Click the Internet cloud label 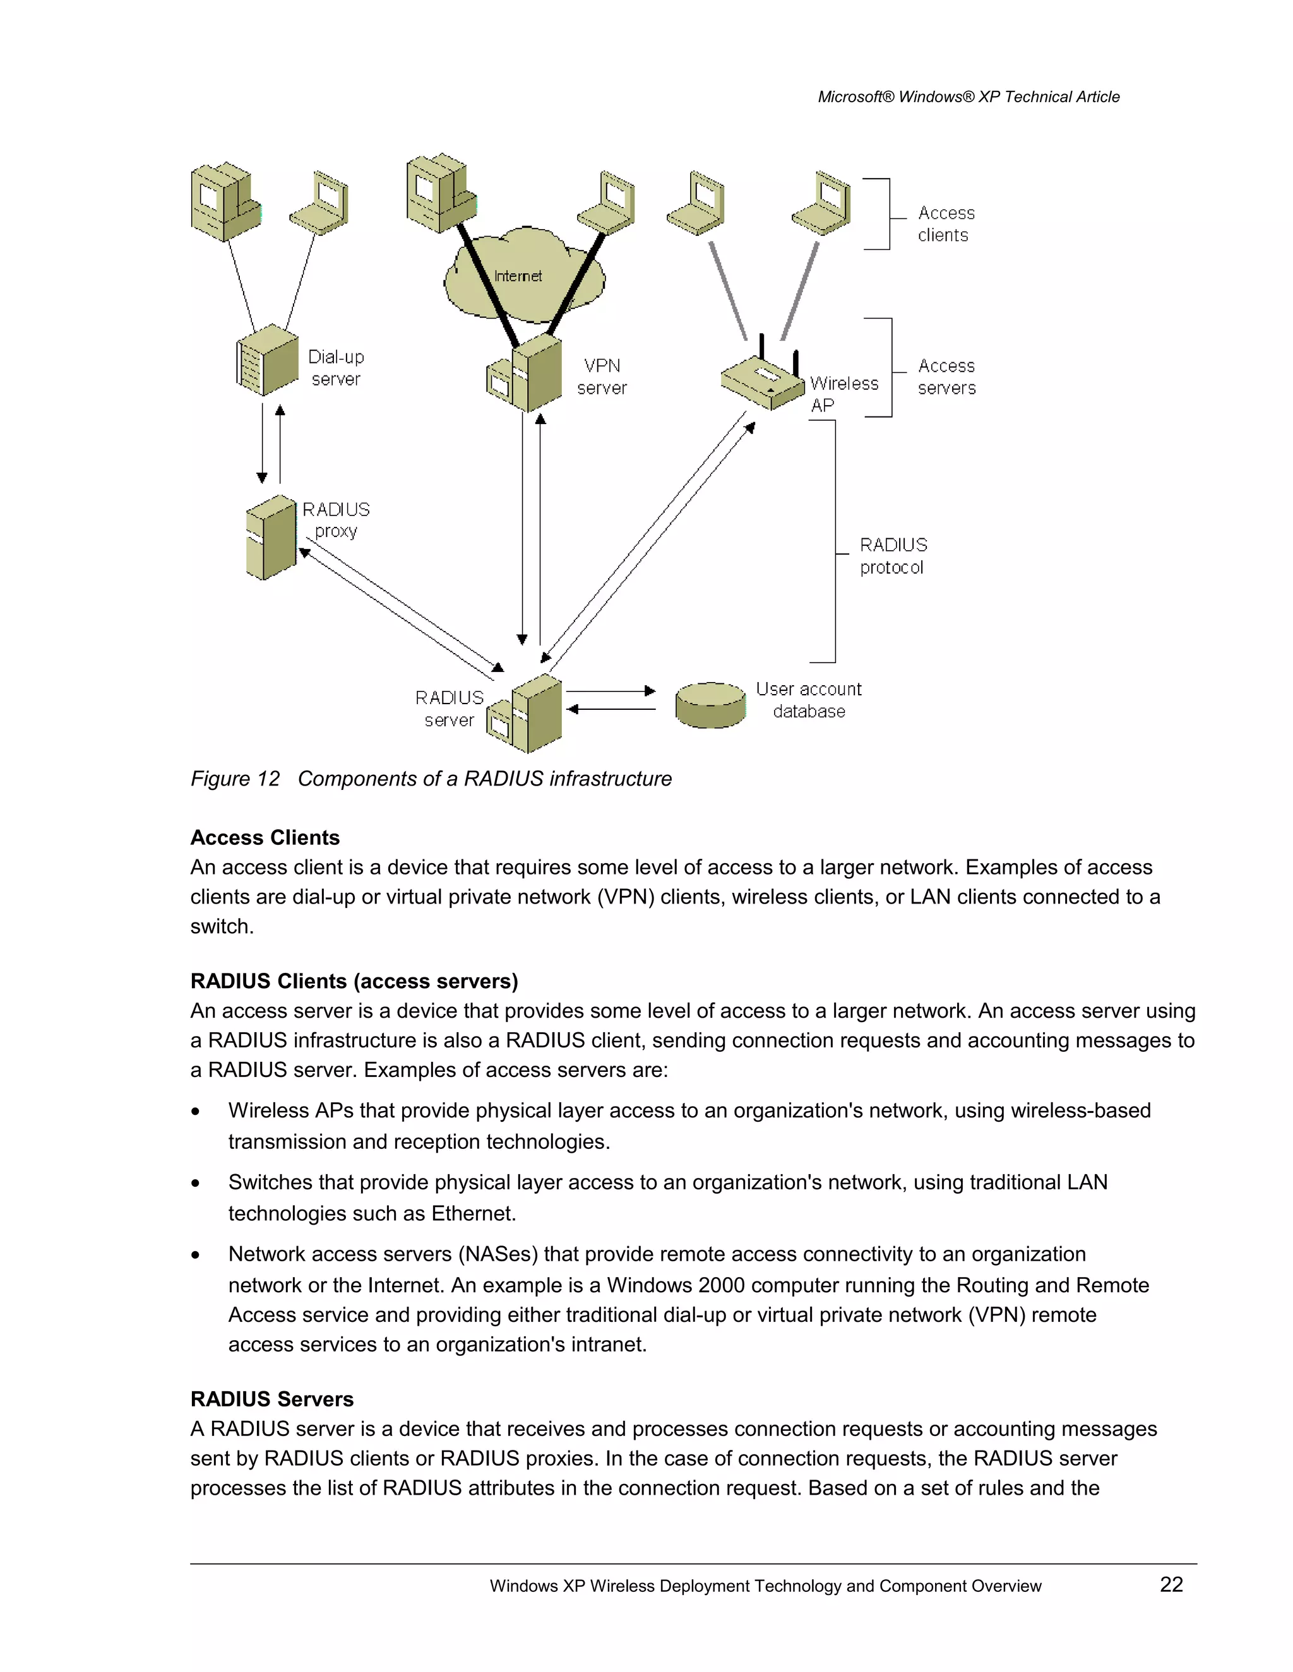(x=518, y=276)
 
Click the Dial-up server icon (x=266, y=360)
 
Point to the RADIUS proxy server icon (x=271, y=538)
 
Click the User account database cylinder (x=710, y=705)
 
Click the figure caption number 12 (x=268, y=779)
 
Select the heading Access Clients (x=265, y=837)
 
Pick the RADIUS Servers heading (x=272, y=1399)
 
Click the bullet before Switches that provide (x=196, y=1184)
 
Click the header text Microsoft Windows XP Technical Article (x=968, y=97)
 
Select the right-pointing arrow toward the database (x=611, y=692)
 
